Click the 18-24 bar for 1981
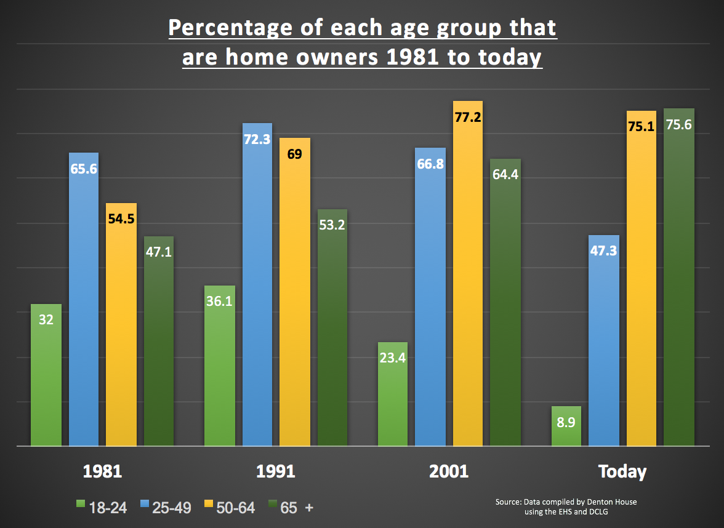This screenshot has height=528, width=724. (x=46, y=375)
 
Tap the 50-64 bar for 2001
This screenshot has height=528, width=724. (x=467, y=277)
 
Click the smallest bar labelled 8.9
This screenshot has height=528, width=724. (x=566, y=426)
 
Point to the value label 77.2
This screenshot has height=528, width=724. (x=467, y=117)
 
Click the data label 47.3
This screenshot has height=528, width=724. (x=603, y=251)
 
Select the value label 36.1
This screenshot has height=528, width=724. (x=219, y=302)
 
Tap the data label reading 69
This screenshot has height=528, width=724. (x=294, y=154)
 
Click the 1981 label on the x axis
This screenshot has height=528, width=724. (x=102, y=472)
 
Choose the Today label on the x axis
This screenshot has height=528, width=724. (x=622, y=472)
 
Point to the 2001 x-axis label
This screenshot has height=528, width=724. (x=449, y=472)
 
